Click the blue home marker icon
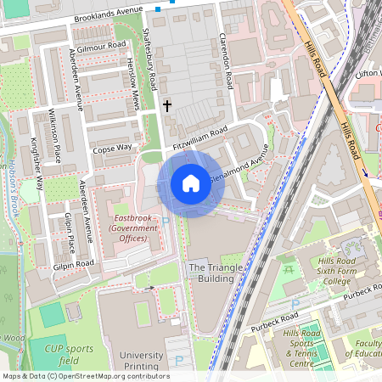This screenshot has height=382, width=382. click(x=191, y=183)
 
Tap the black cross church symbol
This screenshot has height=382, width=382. click(x=167, y=106)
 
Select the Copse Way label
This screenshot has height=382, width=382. click(x=113, y=147)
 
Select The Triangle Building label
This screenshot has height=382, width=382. click(x=209, y=272)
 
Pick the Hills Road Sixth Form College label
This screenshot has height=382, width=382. click(x=324, y=269)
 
